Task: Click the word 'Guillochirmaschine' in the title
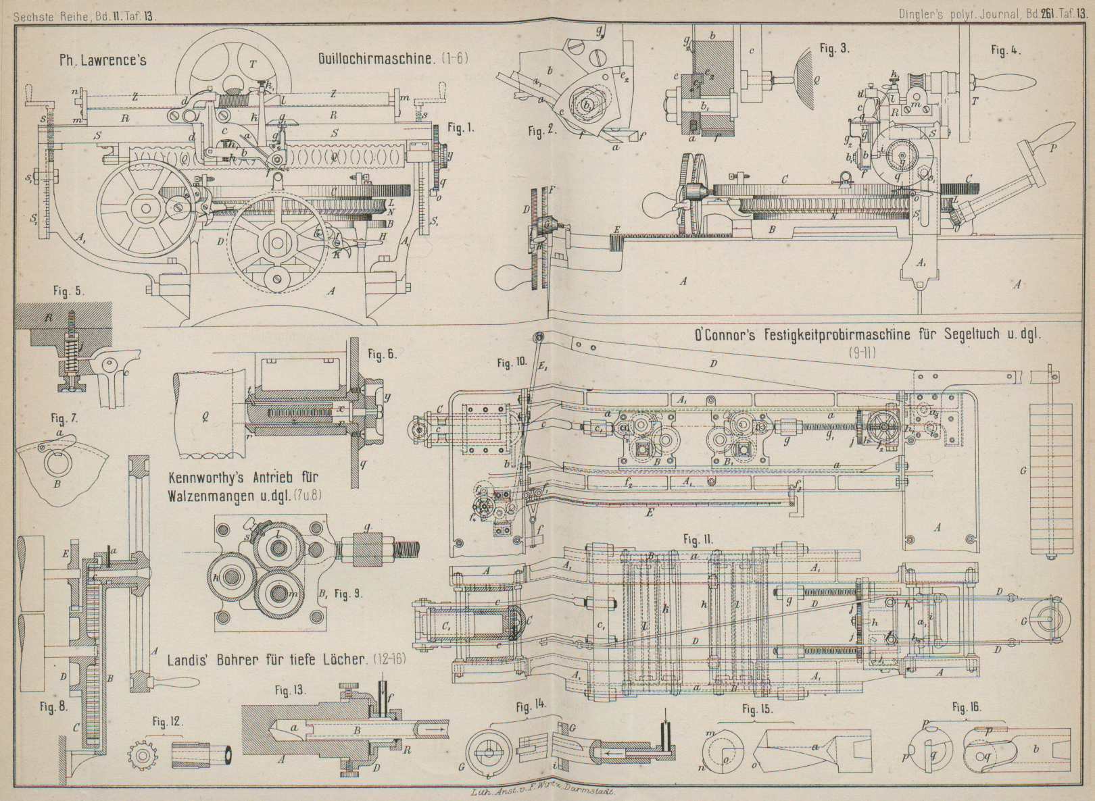point(374,59)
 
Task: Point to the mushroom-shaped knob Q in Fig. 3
point(806,78)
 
